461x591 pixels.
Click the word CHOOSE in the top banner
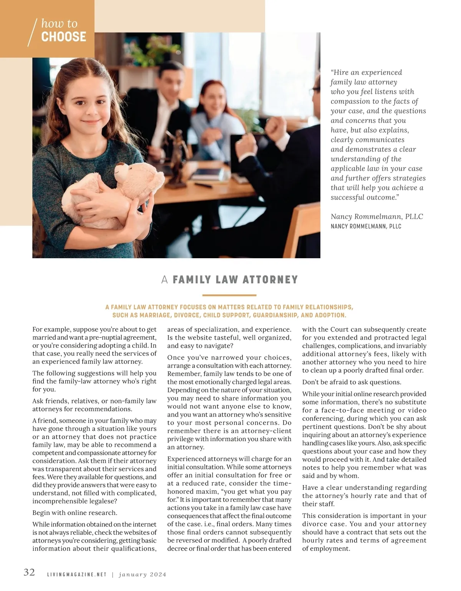pyautogui.click(x=64, y=37)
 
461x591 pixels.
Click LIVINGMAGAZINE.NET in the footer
pyautogui.click(x=76, y=575)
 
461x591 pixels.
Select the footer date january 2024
pyautogui.click(x=143, y=575)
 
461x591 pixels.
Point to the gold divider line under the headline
pyautogui.click(x=229, y=295)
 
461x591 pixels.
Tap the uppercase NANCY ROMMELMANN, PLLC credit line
pyautogui.click(x=366, y=226)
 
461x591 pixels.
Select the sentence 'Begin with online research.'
pyautogui.click(x=75, y=513)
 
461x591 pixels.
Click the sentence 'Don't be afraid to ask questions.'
pyautogui.click(x=352, y=382)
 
